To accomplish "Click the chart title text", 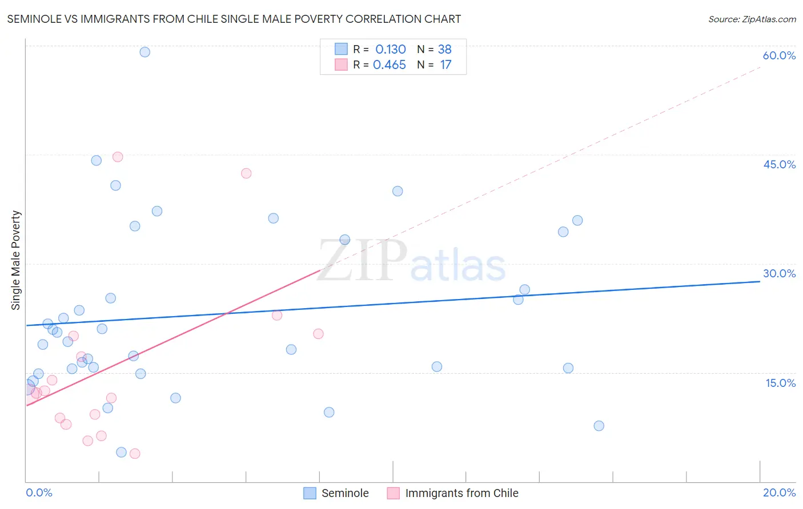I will coord(234,19).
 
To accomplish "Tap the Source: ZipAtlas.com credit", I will coord(752,19).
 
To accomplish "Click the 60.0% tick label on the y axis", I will coord(779,55).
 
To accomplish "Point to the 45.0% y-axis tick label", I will coord(779,164).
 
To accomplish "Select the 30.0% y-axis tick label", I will coord(779,273).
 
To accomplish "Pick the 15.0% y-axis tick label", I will coord(780,383).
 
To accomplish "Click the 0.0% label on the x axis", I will coord(39,492).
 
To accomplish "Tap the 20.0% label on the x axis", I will coord(779,492).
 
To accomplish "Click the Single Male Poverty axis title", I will coord(16,260).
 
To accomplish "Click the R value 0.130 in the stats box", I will coord(391,50).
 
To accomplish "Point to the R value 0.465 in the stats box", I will coord(390,65).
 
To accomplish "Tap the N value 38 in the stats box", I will coord(445,50).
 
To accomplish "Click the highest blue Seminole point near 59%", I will coord(145,52).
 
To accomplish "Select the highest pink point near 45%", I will coord(118,157).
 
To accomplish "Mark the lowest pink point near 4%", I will coord(135,454).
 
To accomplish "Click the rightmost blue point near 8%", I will coord(599,426).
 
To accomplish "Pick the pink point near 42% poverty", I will coord(246,173).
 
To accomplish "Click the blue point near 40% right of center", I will coord(398,191).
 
